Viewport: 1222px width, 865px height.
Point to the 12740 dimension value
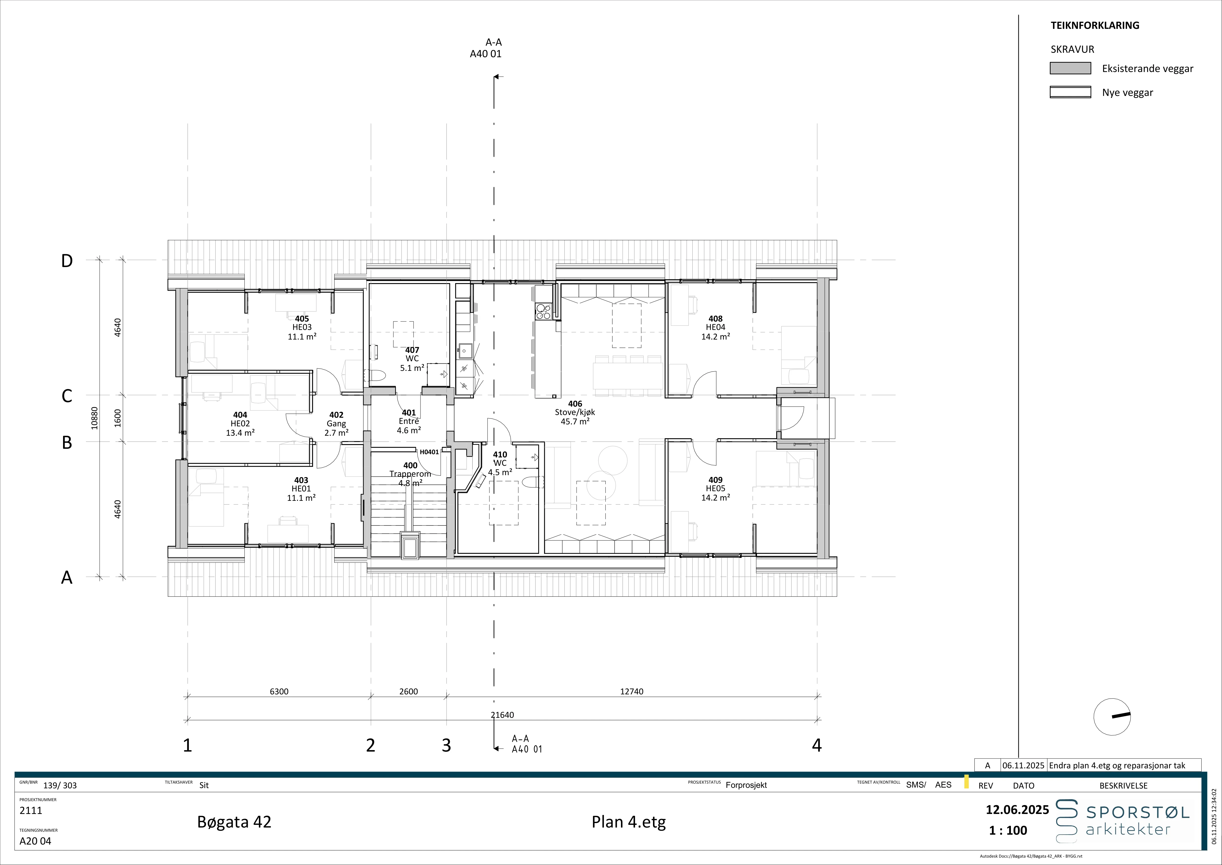tap(632, 691)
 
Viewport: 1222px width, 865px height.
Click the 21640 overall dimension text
tap(502, 715)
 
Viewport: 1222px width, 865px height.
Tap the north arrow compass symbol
tap(1112, 717)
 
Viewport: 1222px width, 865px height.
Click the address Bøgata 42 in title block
tap(234, 822)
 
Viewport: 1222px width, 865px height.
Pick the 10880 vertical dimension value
tap(95, 418)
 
